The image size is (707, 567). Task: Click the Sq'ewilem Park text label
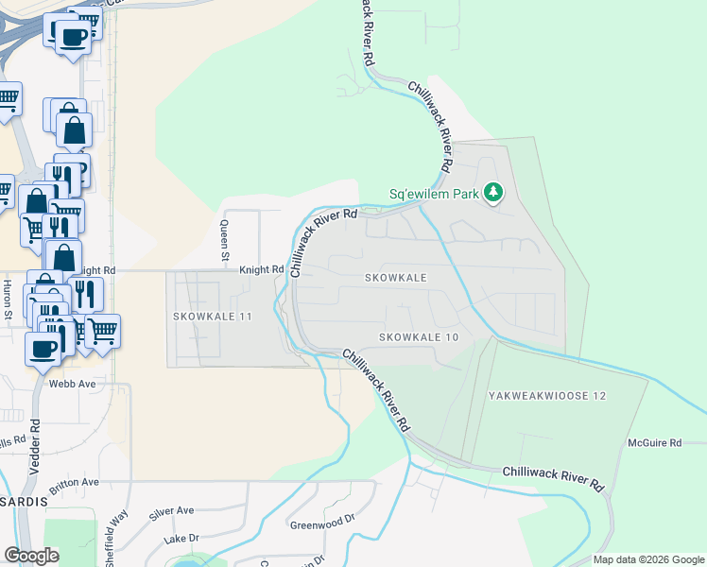coord(434,196)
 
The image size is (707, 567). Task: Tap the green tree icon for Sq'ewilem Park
coord(492,194)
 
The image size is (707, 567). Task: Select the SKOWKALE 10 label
coord(419,337)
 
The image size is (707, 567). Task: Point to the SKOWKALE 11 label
coord(213,316)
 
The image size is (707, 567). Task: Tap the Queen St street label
coord(225,240)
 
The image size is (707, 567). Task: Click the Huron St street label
coord(8,299)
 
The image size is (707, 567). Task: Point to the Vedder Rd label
coord(35,442)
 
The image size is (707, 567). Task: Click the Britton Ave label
coord(76,482)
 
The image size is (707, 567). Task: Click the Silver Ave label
coord(171,510)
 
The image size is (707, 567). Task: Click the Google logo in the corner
coord(31,556)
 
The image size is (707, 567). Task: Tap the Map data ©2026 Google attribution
coord(647,559)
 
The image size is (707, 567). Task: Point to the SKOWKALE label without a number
coord(396,278)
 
